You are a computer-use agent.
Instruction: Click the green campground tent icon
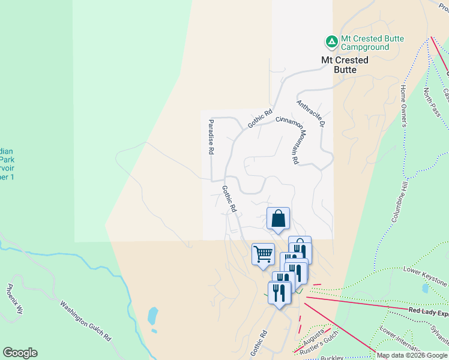point(331,42)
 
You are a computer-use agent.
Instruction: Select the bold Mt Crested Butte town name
point(345,65)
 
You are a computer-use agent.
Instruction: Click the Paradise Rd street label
point(211,138)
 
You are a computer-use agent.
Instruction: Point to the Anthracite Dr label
point(310,113)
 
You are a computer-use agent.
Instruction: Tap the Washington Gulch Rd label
point(86,320)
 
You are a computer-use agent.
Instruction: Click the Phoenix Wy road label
point(16,299)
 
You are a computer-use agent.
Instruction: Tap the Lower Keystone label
point(426,275)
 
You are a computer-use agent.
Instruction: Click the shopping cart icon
point(262,254)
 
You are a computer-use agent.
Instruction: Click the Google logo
point(20,353)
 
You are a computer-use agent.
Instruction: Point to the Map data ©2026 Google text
point(412,355)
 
